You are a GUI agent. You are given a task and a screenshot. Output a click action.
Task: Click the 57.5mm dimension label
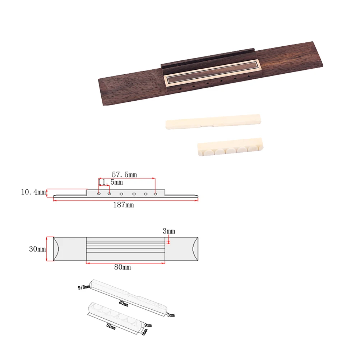coord(124,175)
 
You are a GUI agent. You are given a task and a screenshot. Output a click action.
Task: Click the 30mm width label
coord(38,249)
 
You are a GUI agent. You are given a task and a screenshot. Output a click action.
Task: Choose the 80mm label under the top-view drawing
coord(123,267)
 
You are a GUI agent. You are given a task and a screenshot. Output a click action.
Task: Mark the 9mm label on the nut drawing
coord(148,325)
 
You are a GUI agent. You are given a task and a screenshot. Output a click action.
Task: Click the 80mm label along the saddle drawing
coord(124,304)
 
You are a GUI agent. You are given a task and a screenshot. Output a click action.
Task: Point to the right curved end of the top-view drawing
coord(194,249)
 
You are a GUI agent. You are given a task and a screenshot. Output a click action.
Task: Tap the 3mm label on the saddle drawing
coord(171,315)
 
